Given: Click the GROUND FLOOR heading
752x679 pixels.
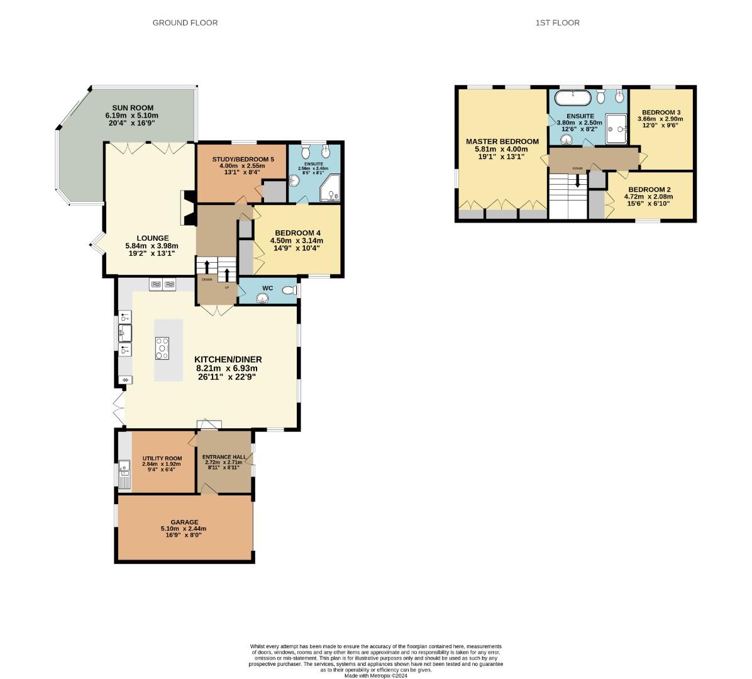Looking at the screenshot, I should tap(185, 23).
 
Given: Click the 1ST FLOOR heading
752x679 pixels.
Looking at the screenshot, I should tap(557, 23).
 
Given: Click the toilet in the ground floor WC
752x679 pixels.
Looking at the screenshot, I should tap(289, 290).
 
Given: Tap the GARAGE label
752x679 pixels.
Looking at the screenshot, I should tap(184, 522).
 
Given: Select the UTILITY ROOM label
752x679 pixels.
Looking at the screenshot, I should tap(162, 458).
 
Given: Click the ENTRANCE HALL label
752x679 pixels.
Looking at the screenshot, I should tap(224, 456).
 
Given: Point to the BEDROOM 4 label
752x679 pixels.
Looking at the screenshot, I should tap(296, 232).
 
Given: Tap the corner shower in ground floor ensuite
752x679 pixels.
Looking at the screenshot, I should tap(329, 189).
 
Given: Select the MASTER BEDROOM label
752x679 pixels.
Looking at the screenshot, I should tap(502, 141).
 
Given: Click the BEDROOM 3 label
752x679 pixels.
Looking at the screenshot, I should tap(660, 112).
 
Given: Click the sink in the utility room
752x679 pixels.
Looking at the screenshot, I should tap(124, 467).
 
